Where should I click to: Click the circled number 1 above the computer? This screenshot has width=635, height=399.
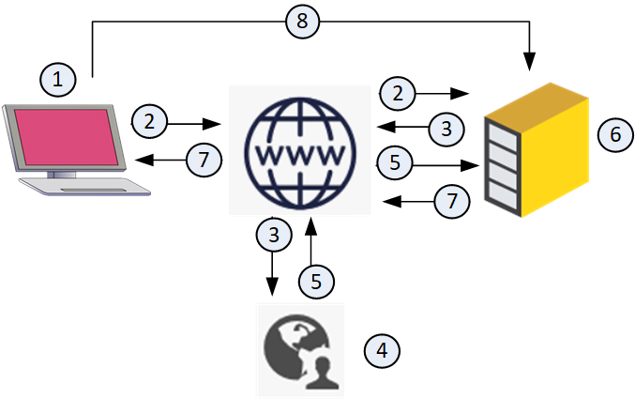coord(57,80)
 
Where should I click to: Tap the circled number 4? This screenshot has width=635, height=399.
coord(381,351)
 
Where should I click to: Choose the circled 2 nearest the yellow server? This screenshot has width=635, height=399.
coord(399,92)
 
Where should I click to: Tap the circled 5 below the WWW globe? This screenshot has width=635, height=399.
coord(315,279)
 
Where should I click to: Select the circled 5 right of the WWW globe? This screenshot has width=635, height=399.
coord(395,161)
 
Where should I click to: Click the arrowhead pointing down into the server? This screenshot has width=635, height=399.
coord(531,65)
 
